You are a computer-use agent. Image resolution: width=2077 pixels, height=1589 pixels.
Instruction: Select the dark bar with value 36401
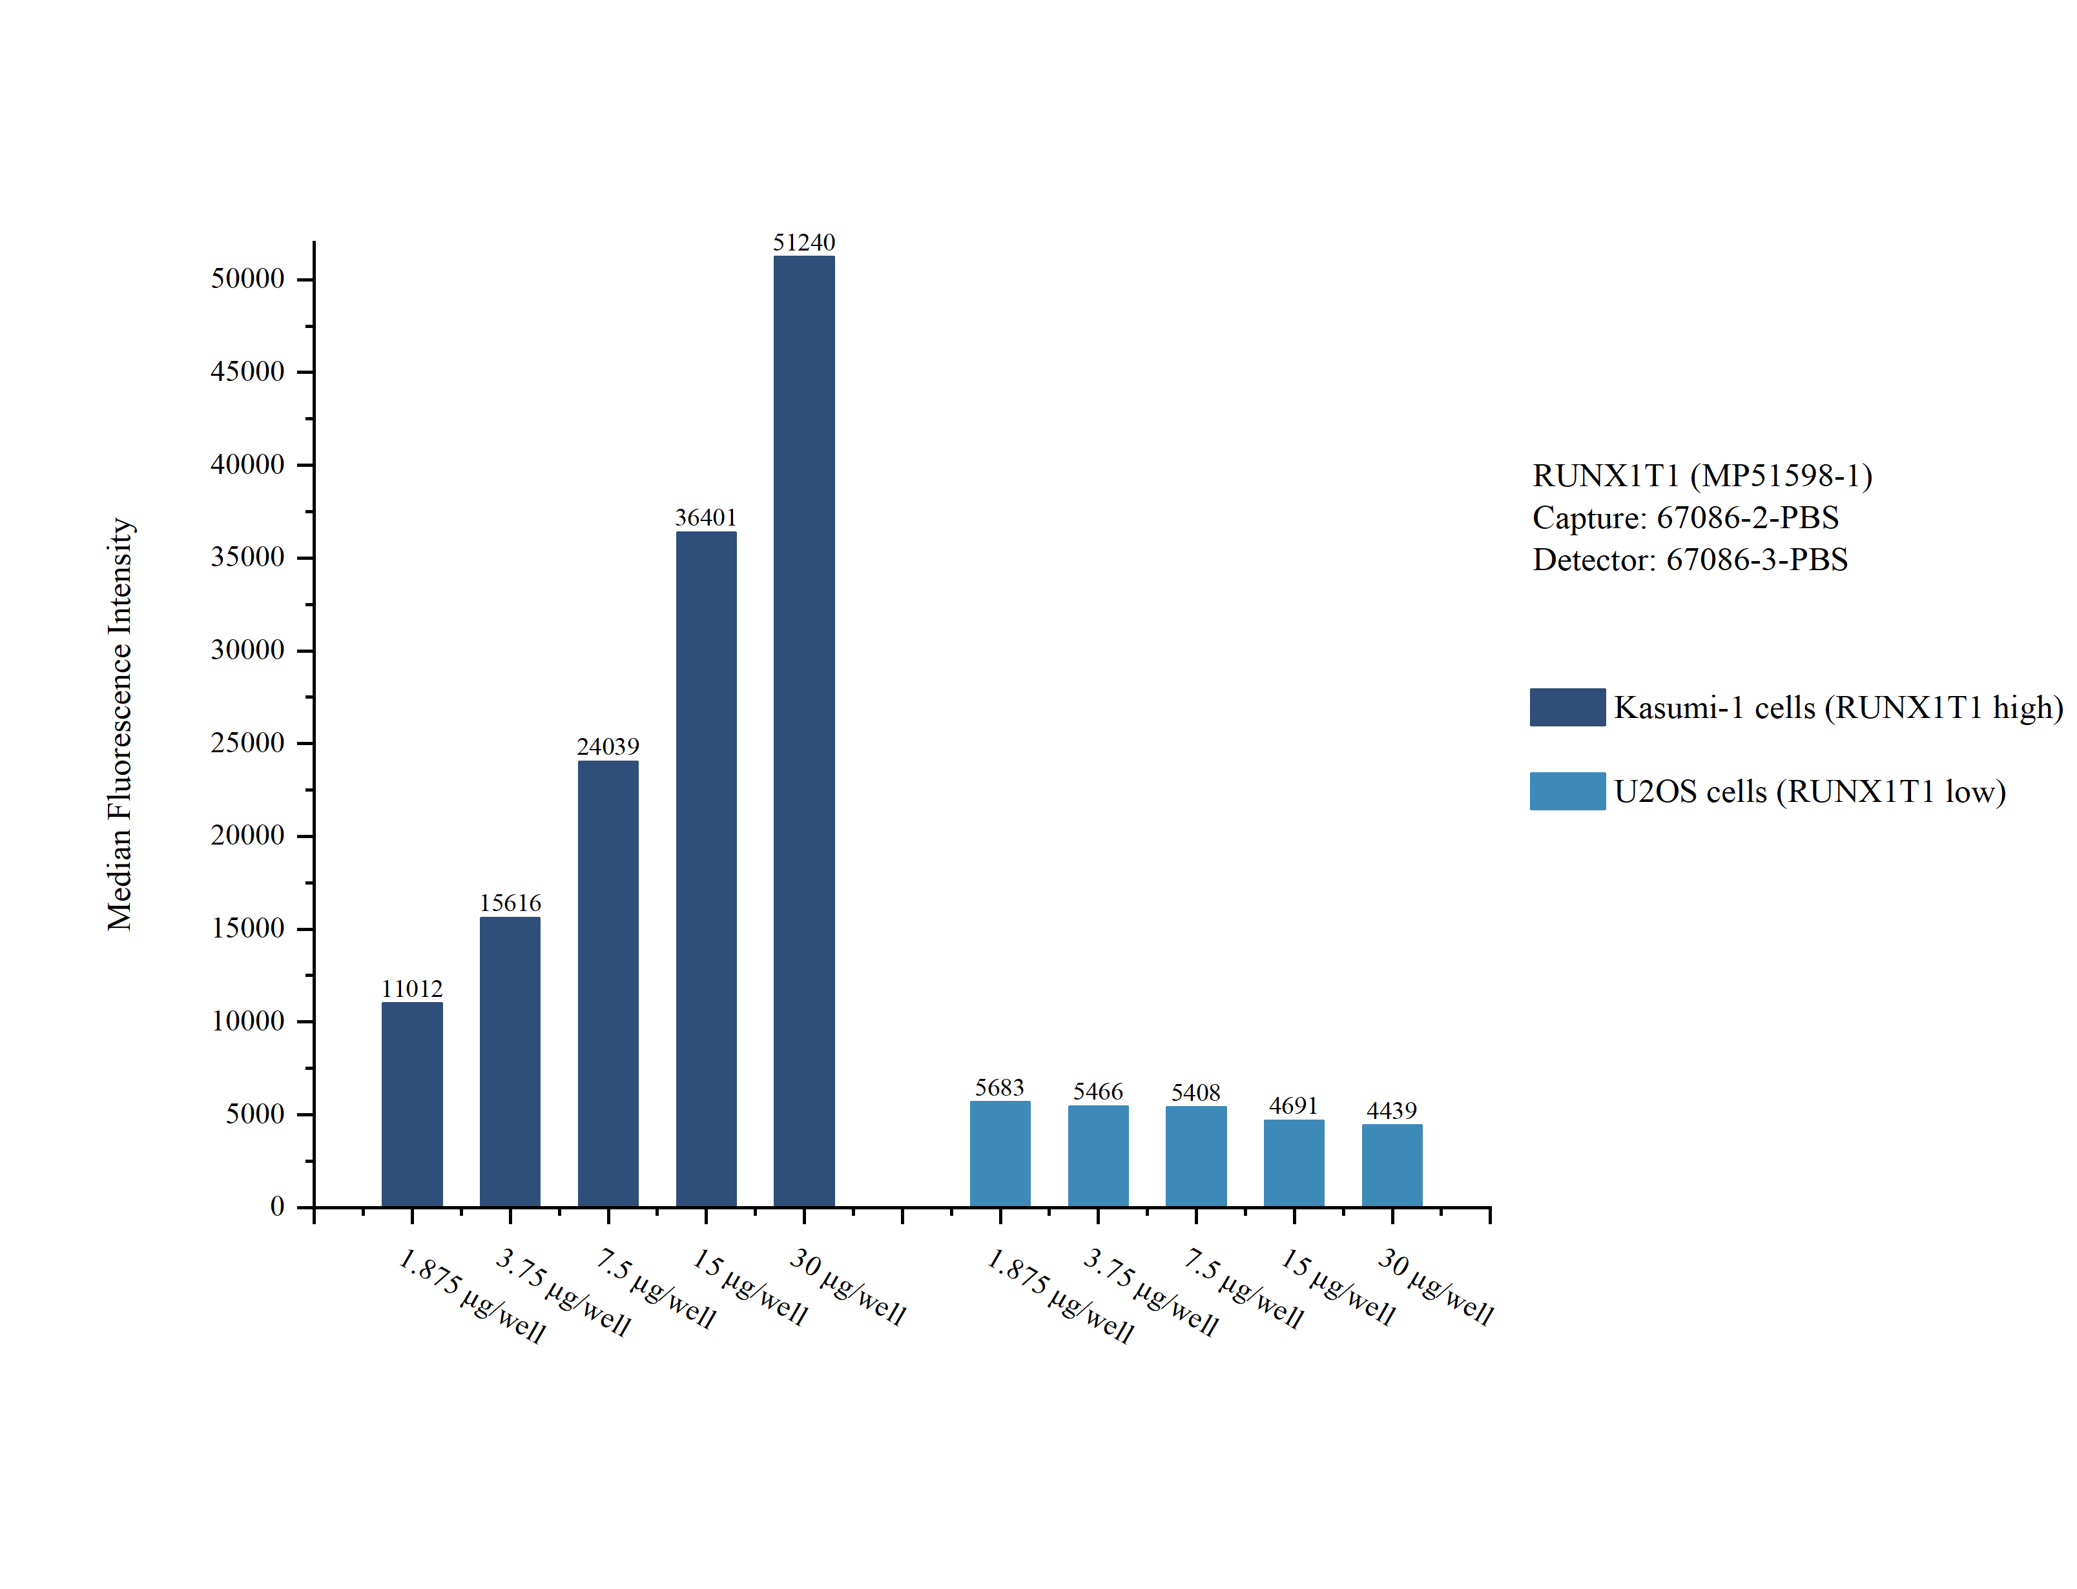pos(706,868)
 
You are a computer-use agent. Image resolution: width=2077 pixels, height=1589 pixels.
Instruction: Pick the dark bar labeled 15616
pos(510,1061)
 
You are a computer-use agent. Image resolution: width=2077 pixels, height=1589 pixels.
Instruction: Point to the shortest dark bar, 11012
pos(411,1104)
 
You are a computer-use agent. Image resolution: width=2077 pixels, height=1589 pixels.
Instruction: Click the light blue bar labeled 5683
pos(1000,1153)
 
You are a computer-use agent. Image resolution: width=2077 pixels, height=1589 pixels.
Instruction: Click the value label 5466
pos(1097,1091)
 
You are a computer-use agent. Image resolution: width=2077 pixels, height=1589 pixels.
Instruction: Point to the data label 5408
pos(1195,1092)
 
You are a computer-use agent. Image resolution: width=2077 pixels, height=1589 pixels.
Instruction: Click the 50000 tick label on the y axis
pos(247,279)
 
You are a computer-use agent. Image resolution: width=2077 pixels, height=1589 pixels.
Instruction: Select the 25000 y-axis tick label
pos(247,743)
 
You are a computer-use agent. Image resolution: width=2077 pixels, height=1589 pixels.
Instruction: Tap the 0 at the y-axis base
pos(276,1206)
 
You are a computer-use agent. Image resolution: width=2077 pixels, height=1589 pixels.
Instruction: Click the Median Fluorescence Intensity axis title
pos(120,724)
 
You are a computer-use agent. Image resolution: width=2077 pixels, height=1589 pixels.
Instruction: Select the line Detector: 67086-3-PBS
pos(1689,559)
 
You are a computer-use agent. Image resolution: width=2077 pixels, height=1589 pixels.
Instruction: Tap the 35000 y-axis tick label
pos(247,557)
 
